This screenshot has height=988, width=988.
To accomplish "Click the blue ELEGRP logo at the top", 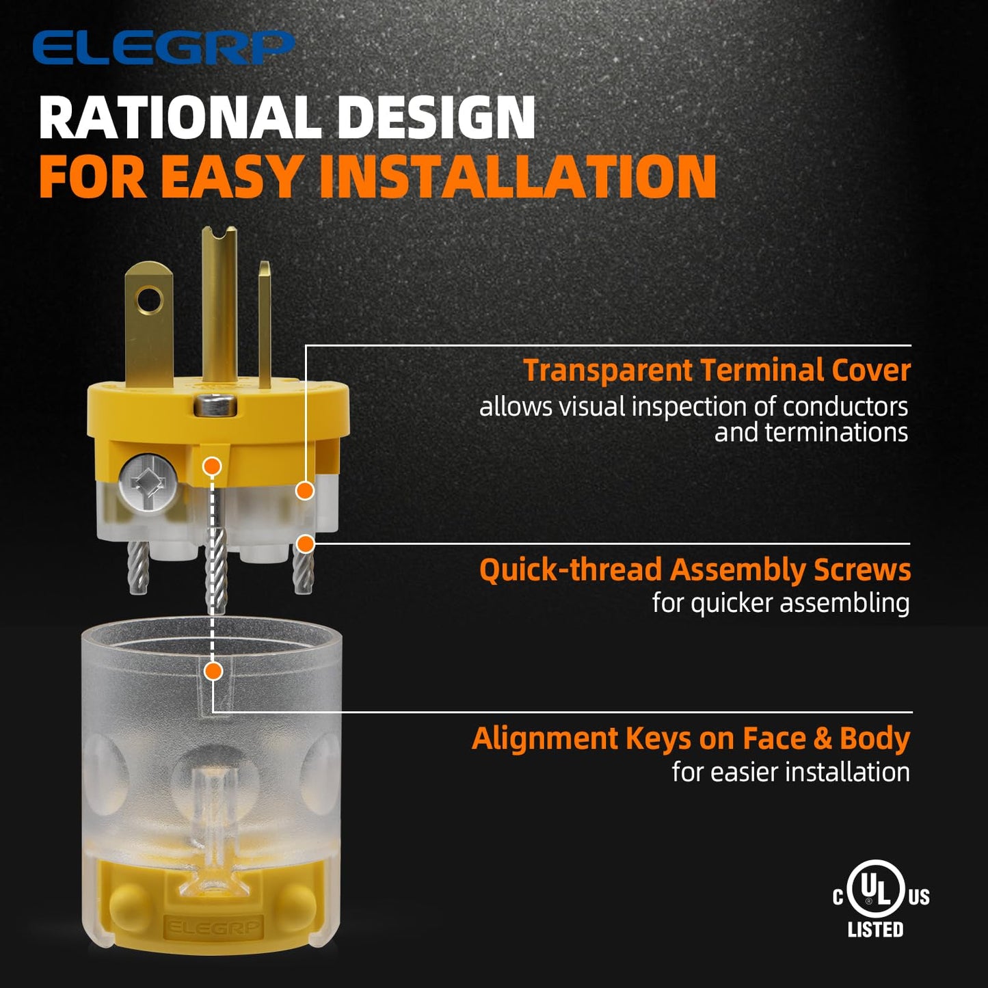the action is click(x=163, y=48).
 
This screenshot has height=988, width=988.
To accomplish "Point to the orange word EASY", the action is click(x=230, y=176).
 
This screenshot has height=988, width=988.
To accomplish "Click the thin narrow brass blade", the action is click(x=265, y=325).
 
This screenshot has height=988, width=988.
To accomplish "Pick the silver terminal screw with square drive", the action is click(x=148, y=484).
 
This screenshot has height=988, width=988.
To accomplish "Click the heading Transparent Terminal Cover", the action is click(x=717, y=371).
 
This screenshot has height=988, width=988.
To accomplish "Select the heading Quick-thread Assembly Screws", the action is click(x=695, y=570).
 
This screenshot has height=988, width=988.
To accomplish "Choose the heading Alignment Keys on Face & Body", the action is click(x=691, y=739).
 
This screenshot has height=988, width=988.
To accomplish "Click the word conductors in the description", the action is click(x=845, y=407).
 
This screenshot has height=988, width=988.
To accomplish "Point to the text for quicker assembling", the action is click(x=781, y=604).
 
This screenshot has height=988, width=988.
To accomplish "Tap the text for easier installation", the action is click(x=790, y=772).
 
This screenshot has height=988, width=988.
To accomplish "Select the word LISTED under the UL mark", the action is click(x=875, y=944).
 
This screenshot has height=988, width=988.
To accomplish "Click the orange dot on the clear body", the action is click(x=214, y=671).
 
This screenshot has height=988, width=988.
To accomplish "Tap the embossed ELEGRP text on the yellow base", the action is click(x=213, y=928).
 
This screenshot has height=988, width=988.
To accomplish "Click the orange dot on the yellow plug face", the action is click(x=212, y=466).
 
